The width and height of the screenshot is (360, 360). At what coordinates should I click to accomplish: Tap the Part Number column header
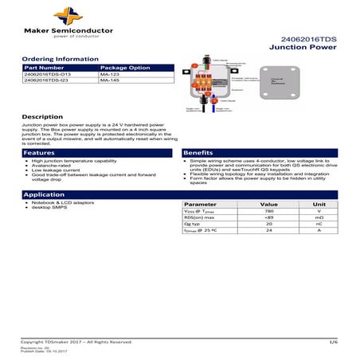(44, 68)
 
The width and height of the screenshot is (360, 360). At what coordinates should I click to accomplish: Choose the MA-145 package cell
(111, 81)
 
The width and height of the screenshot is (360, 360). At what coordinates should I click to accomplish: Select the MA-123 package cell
(111, 75)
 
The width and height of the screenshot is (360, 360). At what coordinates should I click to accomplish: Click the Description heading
(42, 117)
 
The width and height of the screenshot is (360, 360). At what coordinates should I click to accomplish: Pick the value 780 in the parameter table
(269, 211)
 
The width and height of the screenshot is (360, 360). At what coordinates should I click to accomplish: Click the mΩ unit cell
(319, 217)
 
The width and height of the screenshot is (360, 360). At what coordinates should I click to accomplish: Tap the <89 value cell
(269, 217)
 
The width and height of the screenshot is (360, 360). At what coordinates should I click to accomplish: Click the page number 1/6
(334, 341)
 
